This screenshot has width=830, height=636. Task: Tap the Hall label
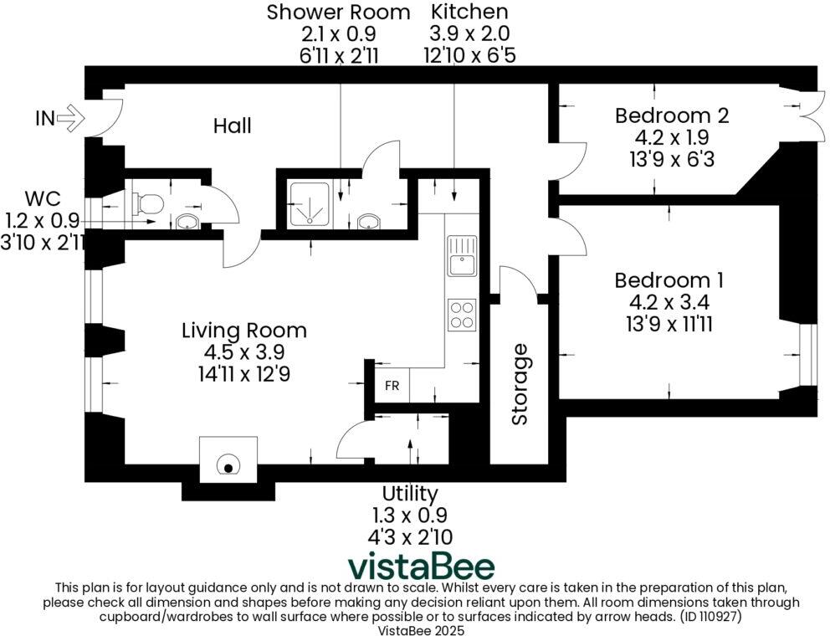pos(232,126)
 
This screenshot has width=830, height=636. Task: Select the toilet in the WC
pos(147,201)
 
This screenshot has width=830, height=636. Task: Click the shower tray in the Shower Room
pos(310,204)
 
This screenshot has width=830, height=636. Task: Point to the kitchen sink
pos(461,255)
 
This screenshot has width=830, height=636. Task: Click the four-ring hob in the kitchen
pos(462,316)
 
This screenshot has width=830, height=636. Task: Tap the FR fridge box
pos(392,387)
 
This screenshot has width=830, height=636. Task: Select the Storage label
pos(520,384)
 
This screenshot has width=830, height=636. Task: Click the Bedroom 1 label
pos(669,280)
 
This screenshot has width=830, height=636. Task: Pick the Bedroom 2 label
pos(671,115)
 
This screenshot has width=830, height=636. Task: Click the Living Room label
pos(243,331)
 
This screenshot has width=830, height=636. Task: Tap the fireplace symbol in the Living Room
pos(227,464)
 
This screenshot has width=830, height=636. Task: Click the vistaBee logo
pos(420,567)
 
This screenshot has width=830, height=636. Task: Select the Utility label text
pos(409,493)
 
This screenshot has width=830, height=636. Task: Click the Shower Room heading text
pos(338,13)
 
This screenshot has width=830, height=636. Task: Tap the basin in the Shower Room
pos(366,222)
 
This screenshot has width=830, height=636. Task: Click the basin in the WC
pos(187,222)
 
